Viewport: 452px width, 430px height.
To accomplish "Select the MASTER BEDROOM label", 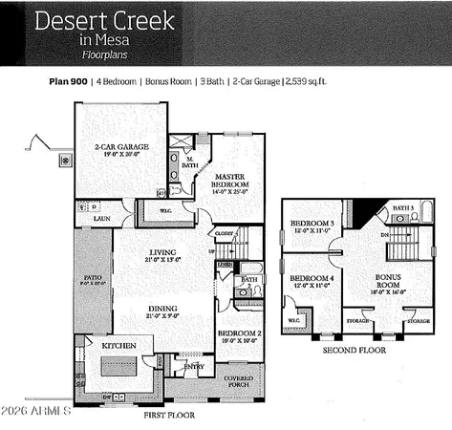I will (x=231, y=181).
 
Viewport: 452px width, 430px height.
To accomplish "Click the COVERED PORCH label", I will (x=239, y=380).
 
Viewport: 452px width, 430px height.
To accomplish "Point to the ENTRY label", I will (x=194, y=366).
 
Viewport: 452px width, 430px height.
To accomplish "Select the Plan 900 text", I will (x=68, y=82).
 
